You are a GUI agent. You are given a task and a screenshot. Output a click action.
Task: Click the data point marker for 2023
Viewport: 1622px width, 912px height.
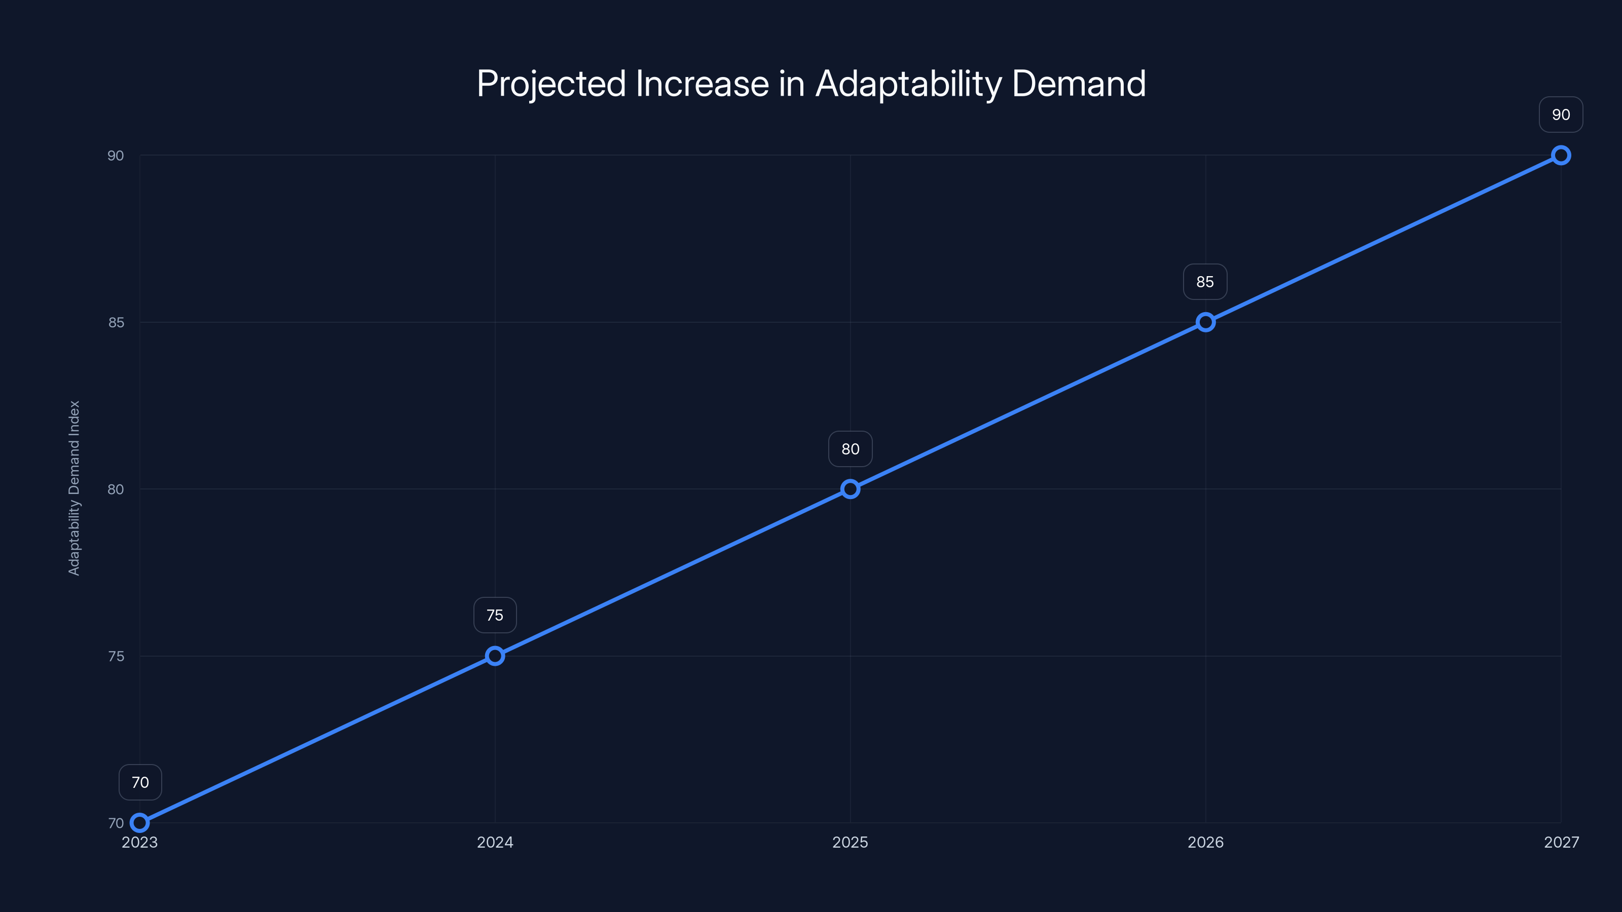click(140, 823)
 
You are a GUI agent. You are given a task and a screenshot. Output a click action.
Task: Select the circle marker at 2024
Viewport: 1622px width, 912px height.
click(495, 656)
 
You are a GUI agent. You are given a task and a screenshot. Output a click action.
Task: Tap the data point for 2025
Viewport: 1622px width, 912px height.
click(850, 489)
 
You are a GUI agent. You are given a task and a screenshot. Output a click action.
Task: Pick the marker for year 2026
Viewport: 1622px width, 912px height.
click(1205, 322)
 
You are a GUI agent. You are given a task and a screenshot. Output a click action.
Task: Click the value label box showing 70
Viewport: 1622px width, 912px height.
click(140, 782)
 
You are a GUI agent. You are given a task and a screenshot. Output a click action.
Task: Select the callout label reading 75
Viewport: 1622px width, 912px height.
click(495, 615)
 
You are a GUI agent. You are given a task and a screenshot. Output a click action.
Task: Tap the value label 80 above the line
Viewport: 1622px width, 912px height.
click(850, 449)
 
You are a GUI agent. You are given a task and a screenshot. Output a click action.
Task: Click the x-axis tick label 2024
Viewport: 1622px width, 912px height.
click(495, 842)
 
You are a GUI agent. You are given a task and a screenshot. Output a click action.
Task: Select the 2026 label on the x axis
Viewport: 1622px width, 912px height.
click(1205, 842)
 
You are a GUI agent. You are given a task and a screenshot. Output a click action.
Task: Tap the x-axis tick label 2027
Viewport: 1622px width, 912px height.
click(1561, 842)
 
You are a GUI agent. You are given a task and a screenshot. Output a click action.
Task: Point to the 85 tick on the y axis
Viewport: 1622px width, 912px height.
click(116, 322)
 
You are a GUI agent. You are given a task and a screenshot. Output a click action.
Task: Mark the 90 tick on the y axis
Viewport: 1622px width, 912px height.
click(116, 156)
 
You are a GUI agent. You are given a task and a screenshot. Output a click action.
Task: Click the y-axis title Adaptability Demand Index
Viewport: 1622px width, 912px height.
click(75, 488)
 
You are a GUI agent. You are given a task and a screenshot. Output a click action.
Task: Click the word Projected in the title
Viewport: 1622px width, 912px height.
click(551, 84)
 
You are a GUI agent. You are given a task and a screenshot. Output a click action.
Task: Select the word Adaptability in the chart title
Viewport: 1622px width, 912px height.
click(908, 84)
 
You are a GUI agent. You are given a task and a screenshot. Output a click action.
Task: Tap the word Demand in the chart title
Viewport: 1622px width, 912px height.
click(1079, 84)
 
